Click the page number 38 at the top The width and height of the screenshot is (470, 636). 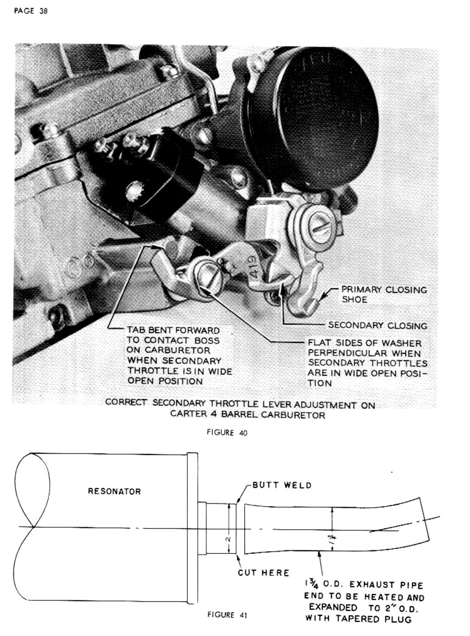tap(44, 11)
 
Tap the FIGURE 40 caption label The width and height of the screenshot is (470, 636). tap(227, 433)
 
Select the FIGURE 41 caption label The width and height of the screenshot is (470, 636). tap(227, 615)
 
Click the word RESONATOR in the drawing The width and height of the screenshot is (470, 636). tap(114, 491)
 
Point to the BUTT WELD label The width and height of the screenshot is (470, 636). tap(282, 485)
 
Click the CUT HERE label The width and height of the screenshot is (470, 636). tap(263, 573)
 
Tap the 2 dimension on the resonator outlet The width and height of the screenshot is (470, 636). tap(228, 539)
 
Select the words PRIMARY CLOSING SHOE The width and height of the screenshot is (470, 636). tap(384, 294)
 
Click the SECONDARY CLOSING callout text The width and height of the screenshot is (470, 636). tap(377, 326)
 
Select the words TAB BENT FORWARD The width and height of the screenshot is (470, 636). tap(173, 330)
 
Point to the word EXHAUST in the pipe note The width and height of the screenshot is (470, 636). tap(372, 585)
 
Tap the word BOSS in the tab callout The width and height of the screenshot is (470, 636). tap(207, 340)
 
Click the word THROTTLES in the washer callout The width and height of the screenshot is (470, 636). tap(399, 363)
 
